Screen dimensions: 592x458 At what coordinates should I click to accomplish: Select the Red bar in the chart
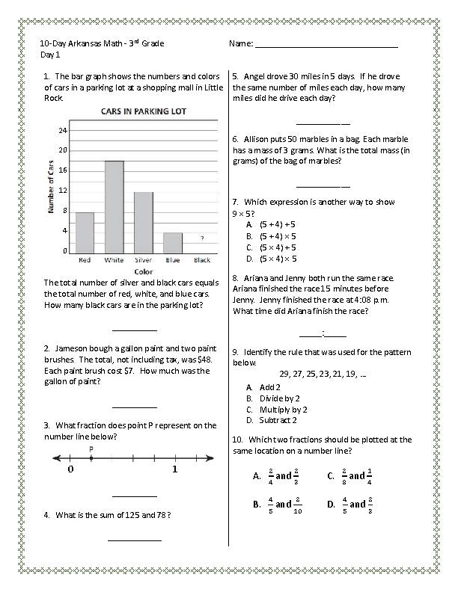click(85, 232)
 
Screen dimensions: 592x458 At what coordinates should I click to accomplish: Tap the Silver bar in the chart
click(143, 222)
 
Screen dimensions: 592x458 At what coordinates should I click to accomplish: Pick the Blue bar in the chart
click(172, 242)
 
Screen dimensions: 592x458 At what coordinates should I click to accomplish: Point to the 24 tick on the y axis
click(63, 130)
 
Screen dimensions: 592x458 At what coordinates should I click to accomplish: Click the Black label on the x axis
click(201, 260)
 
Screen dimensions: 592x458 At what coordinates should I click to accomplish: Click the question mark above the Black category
click(202, 238)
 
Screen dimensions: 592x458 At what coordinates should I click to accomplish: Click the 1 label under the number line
click(174, 470)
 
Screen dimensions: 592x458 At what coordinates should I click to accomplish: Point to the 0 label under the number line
click(70, 470)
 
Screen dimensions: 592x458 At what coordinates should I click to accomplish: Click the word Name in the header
click(240, 44)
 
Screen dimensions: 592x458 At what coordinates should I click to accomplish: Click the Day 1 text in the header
click(51, 55)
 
